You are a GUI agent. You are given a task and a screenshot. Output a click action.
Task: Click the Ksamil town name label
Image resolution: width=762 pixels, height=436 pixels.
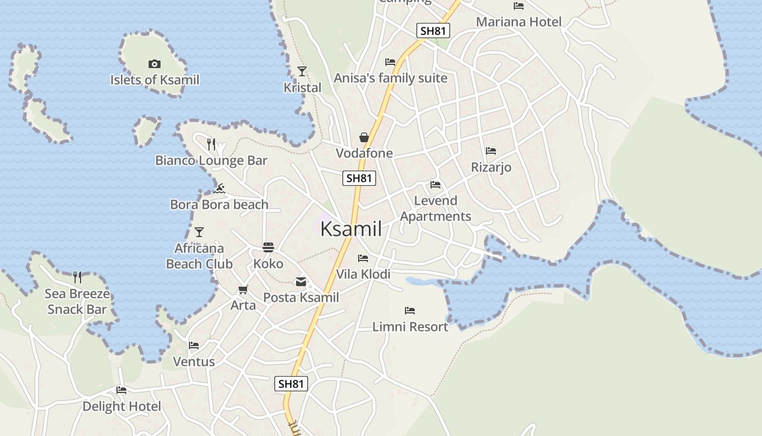click(x=351, y=229)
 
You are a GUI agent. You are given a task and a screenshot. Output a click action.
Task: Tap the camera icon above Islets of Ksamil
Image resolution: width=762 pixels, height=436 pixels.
click(x=155, y=64)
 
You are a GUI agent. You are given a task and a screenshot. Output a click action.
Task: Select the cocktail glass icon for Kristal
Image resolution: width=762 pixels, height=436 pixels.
click(x=302, y=71)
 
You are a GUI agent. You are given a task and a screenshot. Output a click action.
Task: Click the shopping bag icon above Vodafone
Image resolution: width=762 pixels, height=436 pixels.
click(x=364, y=137)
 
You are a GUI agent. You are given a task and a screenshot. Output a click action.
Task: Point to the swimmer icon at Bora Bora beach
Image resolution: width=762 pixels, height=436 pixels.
click(x=220, y=189)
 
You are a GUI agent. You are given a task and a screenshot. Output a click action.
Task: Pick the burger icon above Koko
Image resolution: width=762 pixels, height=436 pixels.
click(x=268, y=247)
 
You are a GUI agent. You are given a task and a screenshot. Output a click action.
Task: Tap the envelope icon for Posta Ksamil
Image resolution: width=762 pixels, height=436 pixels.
click(x=301, y=282)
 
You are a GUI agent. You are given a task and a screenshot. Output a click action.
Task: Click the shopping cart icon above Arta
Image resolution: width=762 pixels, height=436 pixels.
click(x=243, y=289)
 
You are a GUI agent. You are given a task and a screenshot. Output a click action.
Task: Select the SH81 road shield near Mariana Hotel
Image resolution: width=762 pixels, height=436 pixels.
click(x=433, y=31)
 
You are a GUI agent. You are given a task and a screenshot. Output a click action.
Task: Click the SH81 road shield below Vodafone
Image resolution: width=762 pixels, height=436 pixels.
click(x=359, y=178)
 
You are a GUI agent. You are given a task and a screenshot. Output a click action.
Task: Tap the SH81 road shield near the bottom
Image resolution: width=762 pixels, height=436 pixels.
click(x=291, y=384)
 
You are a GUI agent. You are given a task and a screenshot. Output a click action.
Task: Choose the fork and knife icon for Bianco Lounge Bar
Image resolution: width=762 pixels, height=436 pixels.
click(x=211, y=144)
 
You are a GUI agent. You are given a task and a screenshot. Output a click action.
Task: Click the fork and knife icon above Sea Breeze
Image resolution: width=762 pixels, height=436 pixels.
click(x=77, y=277)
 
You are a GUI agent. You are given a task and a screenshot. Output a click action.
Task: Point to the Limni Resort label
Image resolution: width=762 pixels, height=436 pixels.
click(x=410, y=327)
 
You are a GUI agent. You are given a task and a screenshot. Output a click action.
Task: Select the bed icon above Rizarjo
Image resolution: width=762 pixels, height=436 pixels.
click(x=491, y=151)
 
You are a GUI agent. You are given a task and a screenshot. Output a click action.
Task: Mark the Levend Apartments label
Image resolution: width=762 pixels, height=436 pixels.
click(x=435, y=209)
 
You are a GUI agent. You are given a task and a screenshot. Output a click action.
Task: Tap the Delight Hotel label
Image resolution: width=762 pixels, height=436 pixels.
click(x=122, y=407)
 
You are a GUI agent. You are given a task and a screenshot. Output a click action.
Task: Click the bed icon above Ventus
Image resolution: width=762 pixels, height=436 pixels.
click(x=194, y=346)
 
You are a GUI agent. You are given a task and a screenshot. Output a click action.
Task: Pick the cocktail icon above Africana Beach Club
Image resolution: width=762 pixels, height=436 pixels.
click(x=199, y=232)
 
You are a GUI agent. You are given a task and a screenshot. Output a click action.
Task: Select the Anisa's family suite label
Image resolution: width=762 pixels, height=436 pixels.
click(x=390, y=78)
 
